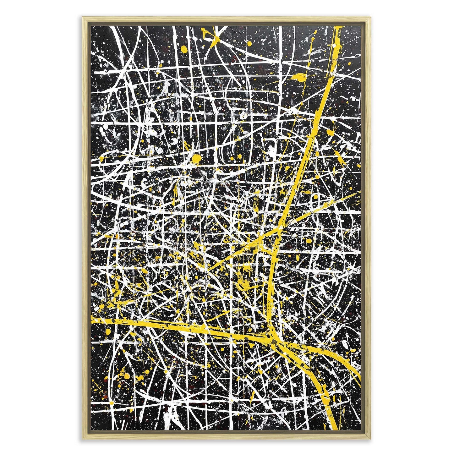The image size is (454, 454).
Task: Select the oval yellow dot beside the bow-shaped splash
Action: (183, 48)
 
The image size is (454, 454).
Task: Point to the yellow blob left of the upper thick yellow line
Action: (298, 77)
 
